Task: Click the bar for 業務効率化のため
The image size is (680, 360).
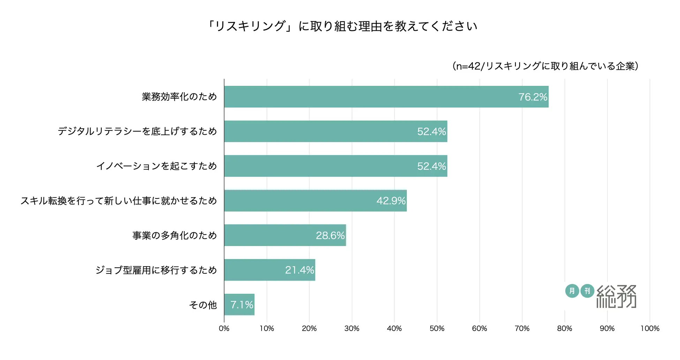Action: point(386,97)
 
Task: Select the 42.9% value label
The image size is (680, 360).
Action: point(391,201)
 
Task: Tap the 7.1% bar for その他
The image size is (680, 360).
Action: point(239,305)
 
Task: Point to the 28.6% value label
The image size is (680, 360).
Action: point(330,235)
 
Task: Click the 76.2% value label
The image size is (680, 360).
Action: point(533,97)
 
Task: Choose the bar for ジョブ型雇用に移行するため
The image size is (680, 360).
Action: point(270,270)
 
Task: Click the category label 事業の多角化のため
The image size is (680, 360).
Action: point(174,235)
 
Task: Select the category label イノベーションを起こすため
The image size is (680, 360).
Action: point(157,166)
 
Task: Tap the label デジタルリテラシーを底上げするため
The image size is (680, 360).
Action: point(137,132)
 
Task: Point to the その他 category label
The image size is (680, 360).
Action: point(203,305)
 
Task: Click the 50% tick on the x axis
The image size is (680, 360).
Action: point(437,328)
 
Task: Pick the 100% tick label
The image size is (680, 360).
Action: point(650,328)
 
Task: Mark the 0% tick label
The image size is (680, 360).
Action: point(224,328)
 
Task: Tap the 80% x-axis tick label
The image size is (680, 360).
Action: point(565,328)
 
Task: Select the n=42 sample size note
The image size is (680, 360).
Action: point(545,66)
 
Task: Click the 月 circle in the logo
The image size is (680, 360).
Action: point(572,291)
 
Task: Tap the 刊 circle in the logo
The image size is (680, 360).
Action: point(587,291)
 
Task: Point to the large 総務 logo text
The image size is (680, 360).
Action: point(616,297)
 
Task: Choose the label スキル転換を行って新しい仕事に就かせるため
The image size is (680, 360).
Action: point(119,201)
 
